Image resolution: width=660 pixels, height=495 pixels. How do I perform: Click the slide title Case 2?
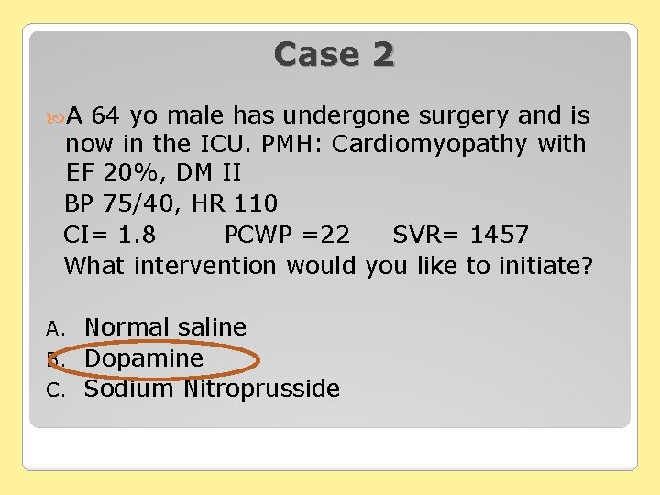point(334,54)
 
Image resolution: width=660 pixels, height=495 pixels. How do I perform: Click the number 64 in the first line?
point(106,116)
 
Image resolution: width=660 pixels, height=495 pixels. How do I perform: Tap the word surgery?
point(467,116)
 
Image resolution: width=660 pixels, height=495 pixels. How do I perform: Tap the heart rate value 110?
point(257,203)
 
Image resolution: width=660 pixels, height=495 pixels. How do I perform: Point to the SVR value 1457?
point(499,235)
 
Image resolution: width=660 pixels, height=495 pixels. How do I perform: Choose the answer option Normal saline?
point(165,327)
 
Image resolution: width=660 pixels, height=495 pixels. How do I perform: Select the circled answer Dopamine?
point(144,358)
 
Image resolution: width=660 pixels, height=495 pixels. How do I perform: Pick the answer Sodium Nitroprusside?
point(212,389)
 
